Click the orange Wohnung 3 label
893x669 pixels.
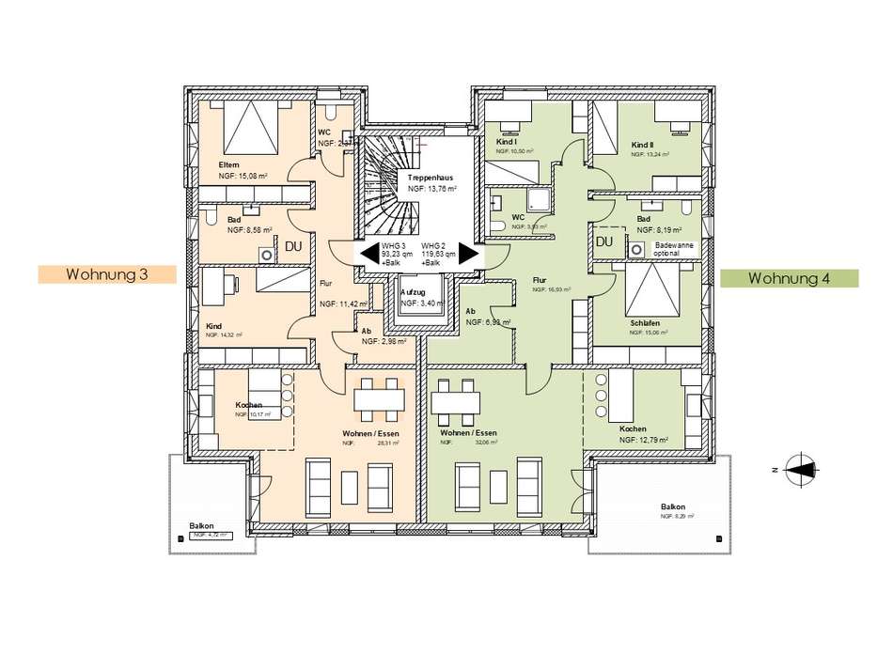(x=107, y=274)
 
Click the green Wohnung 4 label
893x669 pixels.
(x=790, y=278)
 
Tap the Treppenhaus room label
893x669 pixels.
(x=431, y=178)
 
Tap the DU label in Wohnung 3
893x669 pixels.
(x=292, y=246)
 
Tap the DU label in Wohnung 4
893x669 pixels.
(x=603, y=242)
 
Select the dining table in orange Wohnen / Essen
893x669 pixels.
(x=380, y=399)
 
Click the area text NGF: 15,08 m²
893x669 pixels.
(x=243, y=176)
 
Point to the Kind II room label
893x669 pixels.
(x=641, y=146)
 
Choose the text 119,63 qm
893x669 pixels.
(x=438, y=254)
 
